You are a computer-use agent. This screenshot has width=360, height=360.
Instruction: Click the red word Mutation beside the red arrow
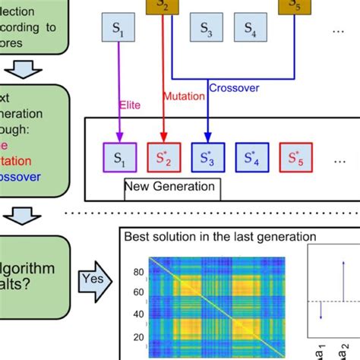183,96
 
